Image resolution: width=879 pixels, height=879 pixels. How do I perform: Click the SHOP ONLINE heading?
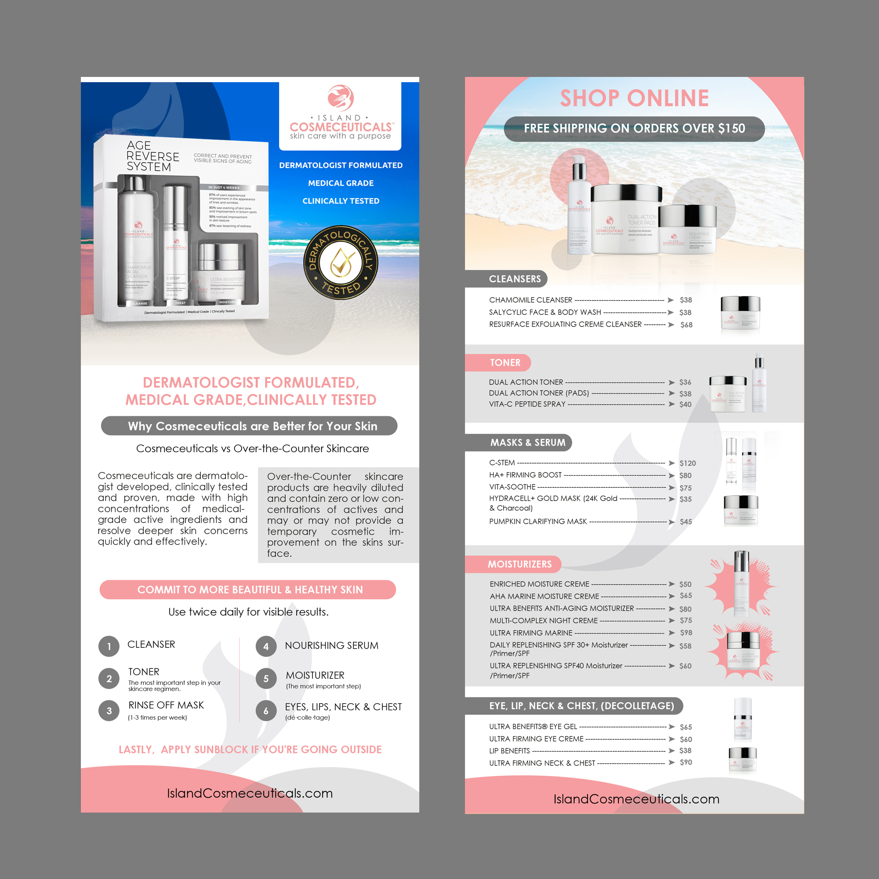click(x=634, y=98)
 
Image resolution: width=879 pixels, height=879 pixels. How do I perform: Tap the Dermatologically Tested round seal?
click(x=341, y=262)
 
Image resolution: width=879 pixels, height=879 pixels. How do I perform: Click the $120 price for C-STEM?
click(x=687, y=463)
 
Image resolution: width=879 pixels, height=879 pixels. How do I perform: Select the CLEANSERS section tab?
click(x=515, y=279)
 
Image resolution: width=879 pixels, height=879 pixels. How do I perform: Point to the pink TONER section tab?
click(x=505, y=363)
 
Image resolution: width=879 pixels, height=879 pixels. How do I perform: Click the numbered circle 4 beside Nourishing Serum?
click(x=266, y=647)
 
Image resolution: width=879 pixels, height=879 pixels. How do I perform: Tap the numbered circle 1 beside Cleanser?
click(x=109, y=647)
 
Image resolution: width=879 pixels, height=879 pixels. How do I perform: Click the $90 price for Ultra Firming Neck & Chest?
click(x=686, y=763)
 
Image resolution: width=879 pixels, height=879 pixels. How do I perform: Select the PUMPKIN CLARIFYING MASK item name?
click(x=538, y=521)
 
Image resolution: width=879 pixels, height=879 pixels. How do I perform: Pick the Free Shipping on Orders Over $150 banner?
click(x=634, y=129)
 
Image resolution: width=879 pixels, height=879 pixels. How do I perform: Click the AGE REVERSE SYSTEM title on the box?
click(x=153, y=156)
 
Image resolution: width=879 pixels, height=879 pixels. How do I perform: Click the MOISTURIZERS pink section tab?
click(x=519, y=564)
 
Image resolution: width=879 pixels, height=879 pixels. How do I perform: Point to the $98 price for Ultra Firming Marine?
click(x=686, y=633)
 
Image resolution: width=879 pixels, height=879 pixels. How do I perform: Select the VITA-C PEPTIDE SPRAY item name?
click(x=527, y=404)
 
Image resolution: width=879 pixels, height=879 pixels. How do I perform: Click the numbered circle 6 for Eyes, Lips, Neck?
click(x=266, y=711)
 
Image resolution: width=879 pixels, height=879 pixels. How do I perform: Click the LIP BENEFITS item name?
click(x=509, y=751)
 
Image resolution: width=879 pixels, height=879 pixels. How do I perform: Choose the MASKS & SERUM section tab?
click(x=527, y=442)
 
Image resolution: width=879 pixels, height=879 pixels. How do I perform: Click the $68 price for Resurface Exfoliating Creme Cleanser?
click(x=686, y=325)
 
